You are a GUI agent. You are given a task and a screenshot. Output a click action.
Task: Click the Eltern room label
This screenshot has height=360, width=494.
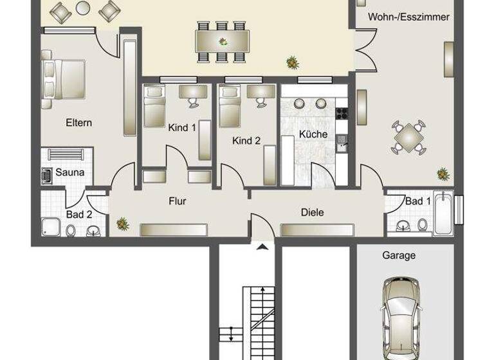(x=78, y=122)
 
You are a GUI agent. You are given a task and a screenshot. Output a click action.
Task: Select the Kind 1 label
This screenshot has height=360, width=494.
(x=182, y=127)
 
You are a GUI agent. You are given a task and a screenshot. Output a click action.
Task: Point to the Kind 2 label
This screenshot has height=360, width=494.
(x=246, y=140)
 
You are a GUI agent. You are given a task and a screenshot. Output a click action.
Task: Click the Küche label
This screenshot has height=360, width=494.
(x=313, y=134)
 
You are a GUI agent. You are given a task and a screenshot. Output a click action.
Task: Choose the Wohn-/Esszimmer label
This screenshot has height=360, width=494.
(x=408, y=17)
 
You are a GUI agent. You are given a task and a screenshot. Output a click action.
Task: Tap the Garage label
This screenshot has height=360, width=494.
(x=399, y=255)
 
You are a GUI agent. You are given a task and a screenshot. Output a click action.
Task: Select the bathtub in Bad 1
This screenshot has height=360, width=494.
(x=444, y=213)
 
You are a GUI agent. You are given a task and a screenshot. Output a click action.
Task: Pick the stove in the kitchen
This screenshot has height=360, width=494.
(x=342, y=113)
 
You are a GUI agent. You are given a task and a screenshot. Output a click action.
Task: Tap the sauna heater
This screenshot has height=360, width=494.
(x=48, y=174)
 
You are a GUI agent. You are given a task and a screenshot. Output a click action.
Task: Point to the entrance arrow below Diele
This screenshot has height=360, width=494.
(x=262, y=246)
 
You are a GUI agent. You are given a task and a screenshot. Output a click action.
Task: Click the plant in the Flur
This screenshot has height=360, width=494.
(x=122, y=224)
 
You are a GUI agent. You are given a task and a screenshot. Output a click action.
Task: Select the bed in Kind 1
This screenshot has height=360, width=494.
(x=154, y=107)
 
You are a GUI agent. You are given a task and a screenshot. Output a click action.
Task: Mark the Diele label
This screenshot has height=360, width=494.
(x=312, y=212)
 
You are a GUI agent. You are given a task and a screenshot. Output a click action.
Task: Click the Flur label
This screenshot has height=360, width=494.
(x=178, y=201)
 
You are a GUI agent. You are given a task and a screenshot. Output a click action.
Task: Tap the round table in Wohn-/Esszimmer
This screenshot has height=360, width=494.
(x=408, y=136)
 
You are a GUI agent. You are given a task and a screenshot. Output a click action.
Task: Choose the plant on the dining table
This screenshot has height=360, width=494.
(x=223, y=42)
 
